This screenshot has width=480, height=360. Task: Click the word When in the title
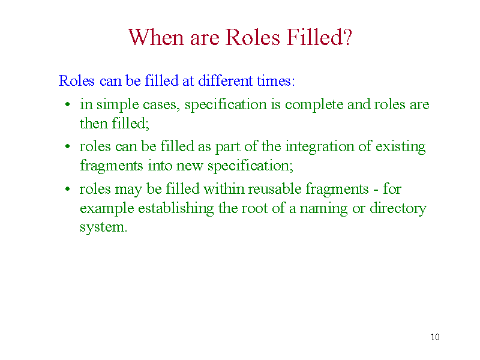tap(156, 37)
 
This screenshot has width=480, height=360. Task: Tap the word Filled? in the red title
tap(319, 37)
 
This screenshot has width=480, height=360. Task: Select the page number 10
tap(435, 337)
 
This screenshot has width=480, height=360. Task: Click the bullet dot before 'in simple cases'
tap(68, 104)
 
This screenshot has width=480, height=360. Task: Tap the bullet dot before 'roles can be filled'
tap(68, 146)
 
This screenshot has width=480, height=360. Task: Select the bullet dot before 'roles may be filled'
tap(68, 189)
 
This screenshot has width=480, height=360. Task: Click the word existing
tap(400, 147)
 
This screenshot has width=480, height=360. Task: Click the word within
tap(223, 189)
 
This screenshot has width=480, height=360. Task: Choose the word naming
tap(323, 209)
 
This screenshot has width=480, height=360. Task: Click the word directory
tap(398, 209)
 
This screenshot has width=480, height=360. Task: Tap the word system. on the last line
tap(103, 228)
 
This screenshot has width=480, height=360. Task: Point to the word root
tap(254, 208)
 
